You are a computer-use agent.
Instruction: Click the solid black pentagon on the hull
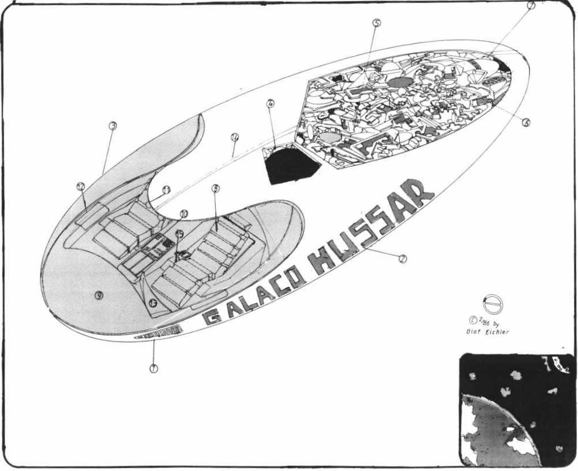click(x=291, y=165)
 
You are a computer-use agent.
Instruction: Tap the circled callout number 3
click(x=113, y=125)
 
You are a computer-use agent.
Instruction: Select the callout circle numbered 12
click(x=81, y=186)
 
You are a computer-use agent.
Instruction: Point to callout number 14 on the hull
click(x=234, y=138)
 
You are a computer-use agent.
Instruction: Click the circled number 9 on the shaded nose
click(x=99, y=295)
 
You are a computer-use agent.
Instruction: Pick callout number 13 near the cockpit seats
click(x=153, y=302)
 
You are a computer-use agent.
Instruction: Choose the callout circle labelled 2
click(x=403, y=259)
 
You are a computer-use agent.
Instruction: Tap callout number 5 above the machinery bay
click(x=376, y=23)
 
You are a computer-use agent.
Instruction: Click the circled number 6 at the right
click(x=526, y=122)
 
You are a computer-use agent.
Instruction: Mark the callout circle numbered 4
click(x=271, y=104)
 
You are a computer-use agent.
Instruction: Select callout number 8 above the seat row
click(x=216, y=188)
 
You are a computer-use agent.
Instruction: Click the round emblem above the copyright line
click(x=493, y=304)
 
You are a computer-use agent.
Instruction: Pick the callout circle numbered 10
click(x=184, y=213)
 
